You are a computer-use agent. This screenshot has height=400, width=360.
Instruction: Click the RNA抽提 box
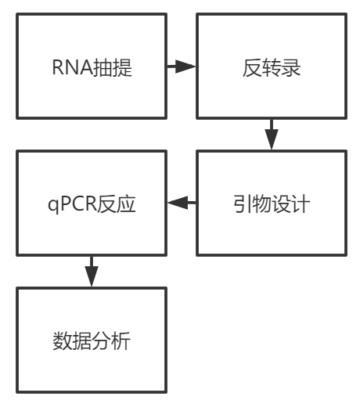click(91, 68)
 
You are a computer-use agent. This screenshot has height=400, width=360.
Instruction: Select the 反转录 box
click(268, 68)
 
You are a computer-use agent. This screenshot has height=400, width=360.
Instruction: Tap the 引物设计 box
click(268, 204)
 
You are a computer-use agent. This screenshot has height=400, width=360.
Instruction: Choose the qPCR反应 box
click(91, 204)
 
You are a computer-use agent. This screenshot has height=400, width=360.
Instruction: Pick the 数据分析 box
click(91, 341)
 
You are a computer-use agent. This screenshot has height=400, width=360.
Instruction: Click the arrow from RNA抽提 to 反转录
click(181, 68)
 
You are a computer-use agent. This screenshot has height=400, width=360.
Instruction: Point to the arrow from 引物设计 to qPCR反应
click(181, 204)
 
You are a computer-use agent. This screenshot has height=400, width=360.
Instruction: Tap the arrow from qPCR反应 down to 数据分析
click(92, 271)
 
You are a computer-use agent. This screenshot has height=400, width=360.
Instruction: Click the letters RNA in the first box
click(68, 69)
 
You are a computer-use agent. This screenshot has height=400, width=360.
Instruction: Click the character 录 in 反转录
click(289, 69)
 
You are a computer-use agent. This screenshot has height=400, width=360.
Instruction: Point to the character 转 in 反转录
click(269, 69)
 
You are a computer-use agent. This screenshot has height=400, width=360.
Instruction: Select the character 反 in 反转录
click(250, 69)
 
